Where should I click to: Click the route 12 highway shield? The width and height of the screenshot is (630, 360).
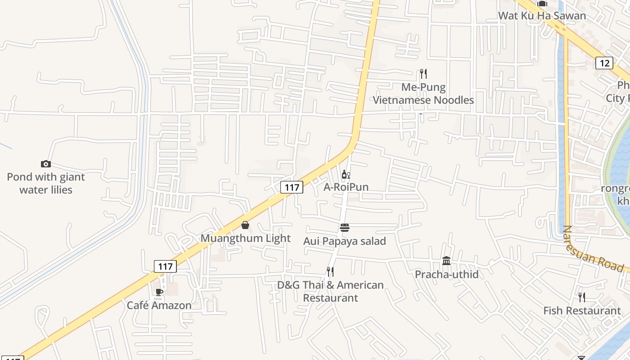click(604, 63)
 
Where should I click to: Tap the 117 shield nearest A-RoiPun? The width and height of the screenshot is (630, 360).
click(292, 187)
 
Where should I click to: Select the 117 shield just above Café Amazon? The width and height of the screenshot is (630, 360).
click(165, 266)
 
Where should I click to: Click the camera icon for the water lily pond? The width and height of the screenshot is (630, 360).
click(45, 164)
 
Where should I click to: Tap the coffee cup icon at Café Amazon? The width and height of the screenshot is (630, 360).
click(159, 292)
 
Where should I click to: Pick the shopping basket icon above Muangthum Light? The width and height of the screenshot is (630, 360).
click(245, 225)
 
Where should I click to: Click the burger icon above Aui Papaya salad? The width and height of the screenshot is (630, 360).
click(345, 228)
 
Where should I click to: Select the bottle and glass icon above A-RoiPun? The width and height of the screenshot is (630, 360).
click(345, 175)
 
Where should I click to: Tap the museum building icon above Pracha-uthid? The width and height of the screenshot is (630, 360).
click(446, 261)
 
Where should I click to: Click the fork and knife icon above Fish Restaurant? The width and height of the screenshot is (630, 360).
click(582, 297)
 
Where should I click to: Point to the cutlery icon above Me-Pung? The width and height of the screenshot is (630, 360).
click(423, 73)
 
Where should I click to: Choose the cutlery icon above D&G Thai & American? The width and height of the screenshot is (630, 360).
click(330, 271)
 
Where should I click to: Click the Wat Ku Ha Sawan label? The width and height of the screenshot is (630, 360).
click(542, 16)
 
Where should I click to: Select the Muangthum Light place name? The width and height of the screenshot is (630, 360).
click(245, 238)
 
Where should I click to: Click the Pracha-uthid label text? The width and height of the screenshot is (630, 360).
click(446, 274)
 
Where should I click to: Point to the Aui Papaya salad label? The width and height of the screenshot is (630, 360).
click(345, 241)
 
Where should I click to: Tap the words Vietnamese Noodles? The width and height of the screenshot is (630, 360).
click(423, 100)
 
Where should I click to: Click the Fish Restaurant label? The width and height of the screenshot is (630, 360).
click(582, 310)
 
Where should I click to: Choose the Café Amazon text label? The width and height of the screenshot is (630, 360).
click(159, 305)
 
